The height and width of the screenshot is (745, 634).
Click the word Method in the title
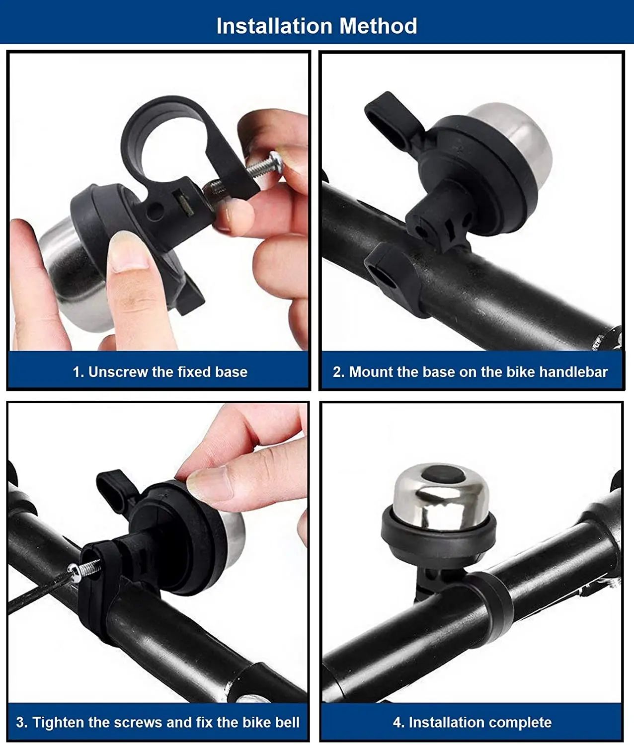(378, 26)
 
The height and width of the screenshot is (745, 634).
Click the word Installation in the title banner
(274, 26)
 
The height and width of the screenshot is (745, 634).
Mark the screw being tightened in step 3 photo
(85, 570)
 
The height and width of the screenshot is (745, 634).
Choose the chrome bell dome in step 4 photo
(441, 499)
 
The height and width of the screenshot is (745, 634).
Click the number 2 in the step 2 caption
(337, 372)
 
